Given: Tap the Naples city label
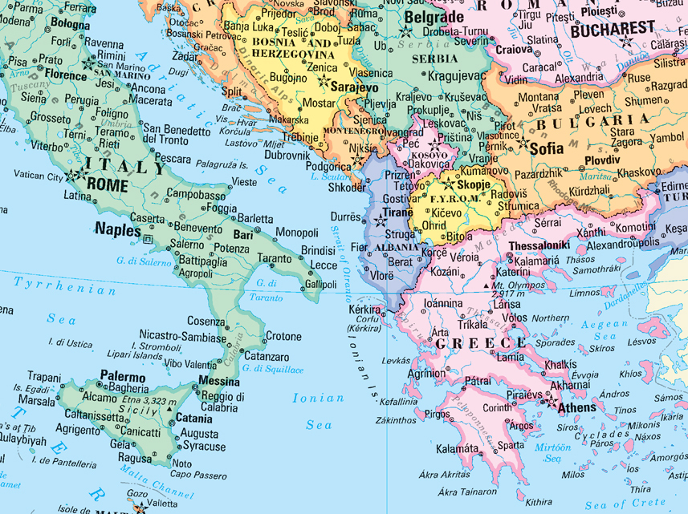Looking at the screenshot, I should (118, 228).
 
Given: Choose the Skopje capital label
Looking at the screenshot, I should (473, 184).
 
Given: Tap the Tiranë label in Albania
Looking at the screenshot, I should (397, 212).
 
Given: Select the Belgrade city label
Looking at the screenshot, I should (434, 17).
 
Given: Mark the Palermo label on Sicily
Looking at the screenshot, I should (123, 376).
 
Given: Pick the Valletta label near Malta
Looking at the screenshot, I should (164, 504).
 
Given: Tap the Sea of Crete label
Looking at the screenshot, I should (625, 504).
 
